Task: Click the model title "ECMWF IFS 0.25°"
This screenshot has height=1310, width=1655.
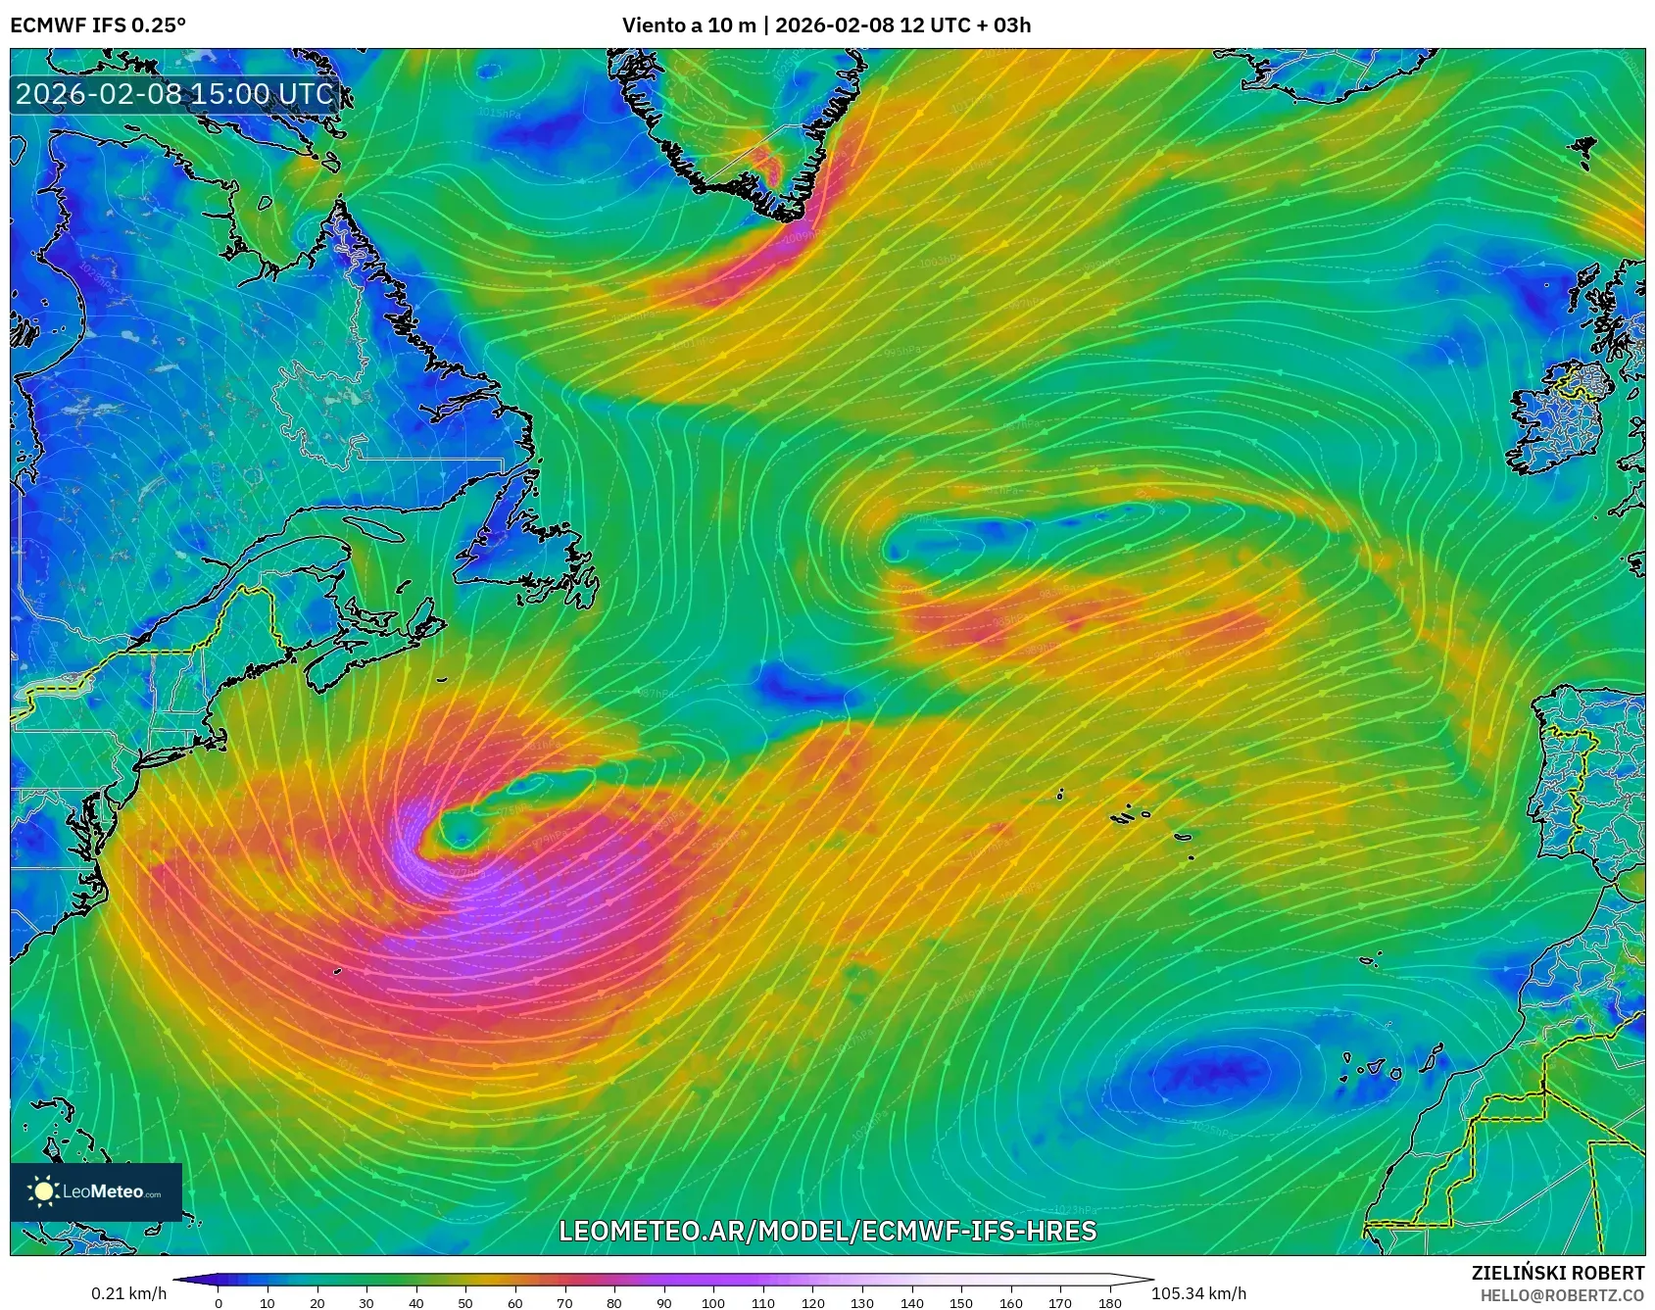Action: [x=98, y=25]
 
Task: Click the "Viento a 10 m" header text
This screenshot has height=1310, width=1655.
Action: [x=688, y=25]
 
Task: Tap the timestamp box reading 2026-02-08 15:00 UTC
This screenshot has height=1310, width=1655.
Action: [x=174, y=94]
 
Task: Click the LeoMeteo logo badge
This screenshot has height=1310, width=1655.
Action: [x=96, y=1191]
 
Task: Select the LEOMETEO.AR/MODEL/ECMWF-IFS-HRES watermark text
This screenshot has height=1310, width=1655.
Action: [x=827, y=1231]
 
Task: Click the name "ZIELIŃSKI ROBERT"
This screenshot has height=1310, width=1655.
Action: [x=1557, y=1273]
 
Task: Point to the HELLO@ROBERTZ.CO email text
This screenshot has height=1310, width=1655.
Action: [x=1562, y=1294]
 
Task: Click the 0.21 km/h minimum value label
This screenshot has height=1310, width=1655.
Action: [x=128, y=1293]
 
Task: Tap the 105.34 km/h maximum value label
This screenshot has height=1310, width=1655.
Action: [x=1198, y=1293]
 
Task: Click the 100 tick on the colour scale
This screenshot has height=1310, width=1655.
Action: [x=713, y=1302]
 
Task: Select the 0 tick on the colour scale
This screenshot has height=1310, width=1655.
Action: [x=218, y=1302]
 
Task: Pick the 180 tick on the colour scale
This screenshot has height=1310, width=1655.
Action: [x=1109, y=1302]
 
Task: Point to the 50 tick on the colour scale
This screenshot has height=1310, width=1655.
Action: [x=465, y=1302]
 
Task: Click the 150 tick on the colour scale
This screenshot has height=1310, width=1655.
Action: [x=961, y=1302]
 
